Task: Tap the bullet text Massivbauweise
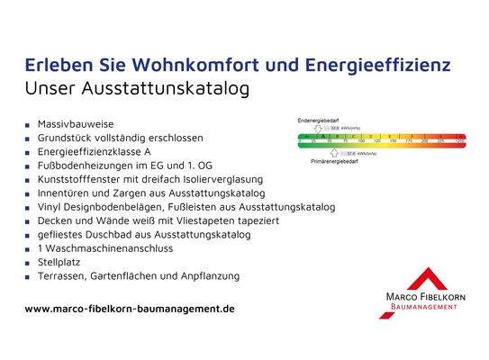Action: (x=76, y=122)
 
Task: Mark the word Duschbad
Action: (x=111, y=234)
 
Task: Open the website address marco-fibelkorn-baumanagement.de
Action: (x=130, y=308)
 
